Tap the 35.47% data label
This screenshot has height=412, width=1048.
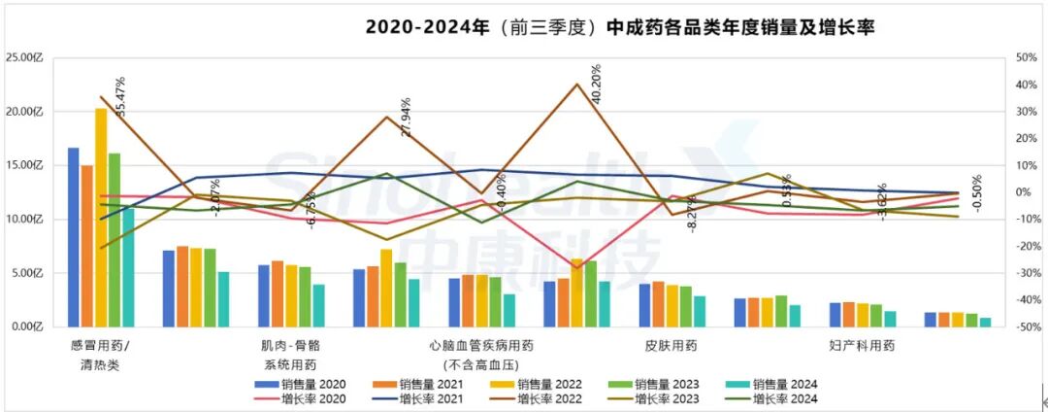(121, 97)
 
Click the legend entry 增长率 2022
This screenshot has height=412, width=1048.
(543, 398)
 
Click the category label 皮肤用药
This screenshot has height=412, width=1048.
(671, 345)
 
